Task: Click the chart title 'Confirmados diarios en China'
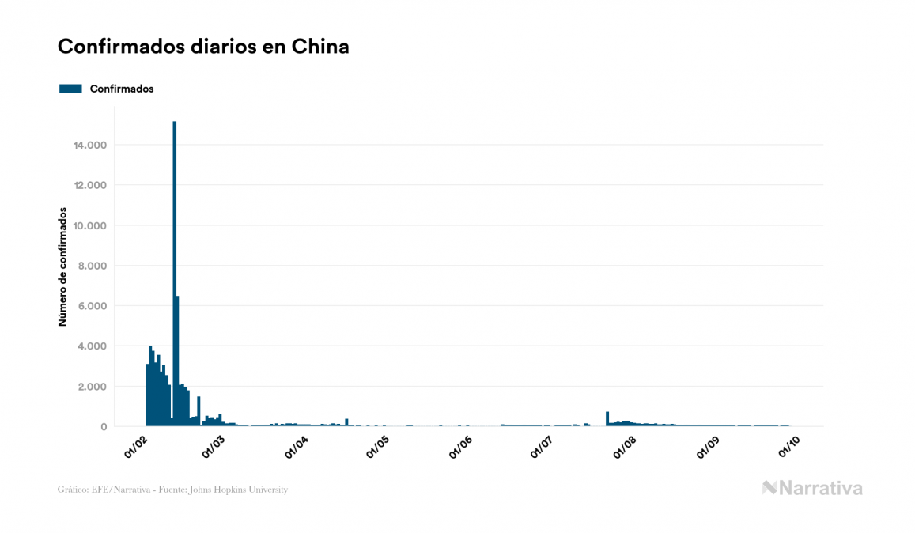click(203, 47)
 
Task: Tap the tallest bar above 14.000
click(174, 269)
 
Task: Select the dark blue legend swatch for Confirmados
click(70, 89)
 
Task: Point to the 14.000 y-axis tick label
click(90, 146)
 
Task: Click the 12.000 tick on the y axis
click(90, 186)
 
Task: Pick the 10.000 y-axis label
click(90, 226)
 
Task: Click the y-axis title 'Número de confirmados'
click(61, 267)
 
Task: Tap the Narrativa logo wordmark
click(812, 488)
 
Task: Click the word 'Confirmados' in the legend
click(122, 89)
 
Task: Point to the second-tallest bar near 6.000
click(177, 361)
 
